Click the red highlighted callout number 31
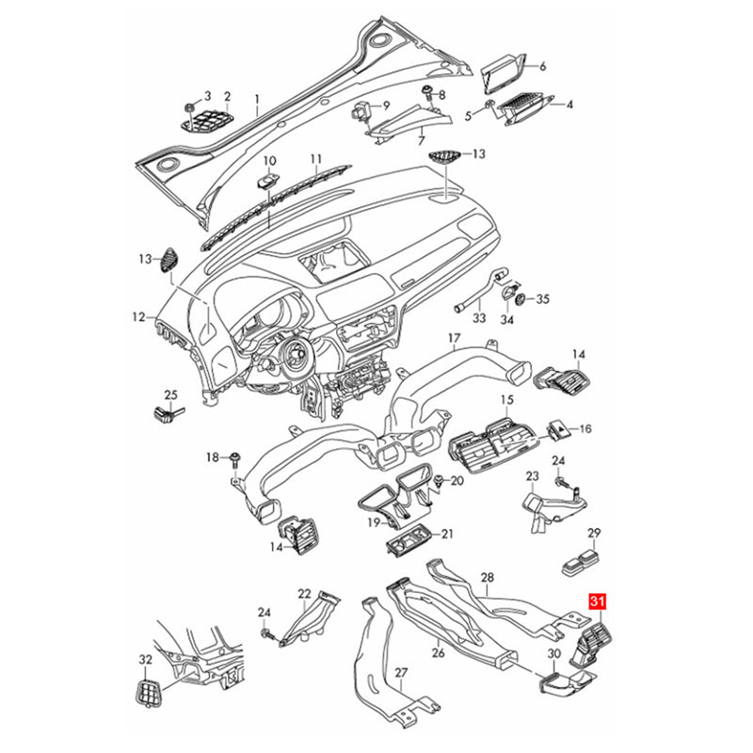click(x=598, y=601)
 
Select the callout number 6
click(x=543, y=66)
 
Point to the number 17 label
click(x=454, y=339)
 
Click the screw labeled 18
click(x=236, y=459)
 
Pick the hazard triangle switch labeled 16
click(x=558, y=429)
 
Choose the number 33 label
click(x=479, y=318)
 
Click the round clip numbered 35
click(x=521, y=299)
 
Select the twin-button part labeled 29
click(x=581, y=563)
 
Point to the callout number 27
click(x=401, y=673)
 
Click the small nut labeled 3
click(x=190, y=106)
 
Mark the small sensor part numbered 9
click(x=362, y=110)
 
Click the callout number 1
click(x=257, y=100)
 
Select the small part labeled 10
click(x=267, y=182)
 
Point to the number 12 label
click(x=138, y=317)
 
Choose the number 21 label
click(x=447, y=534)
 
